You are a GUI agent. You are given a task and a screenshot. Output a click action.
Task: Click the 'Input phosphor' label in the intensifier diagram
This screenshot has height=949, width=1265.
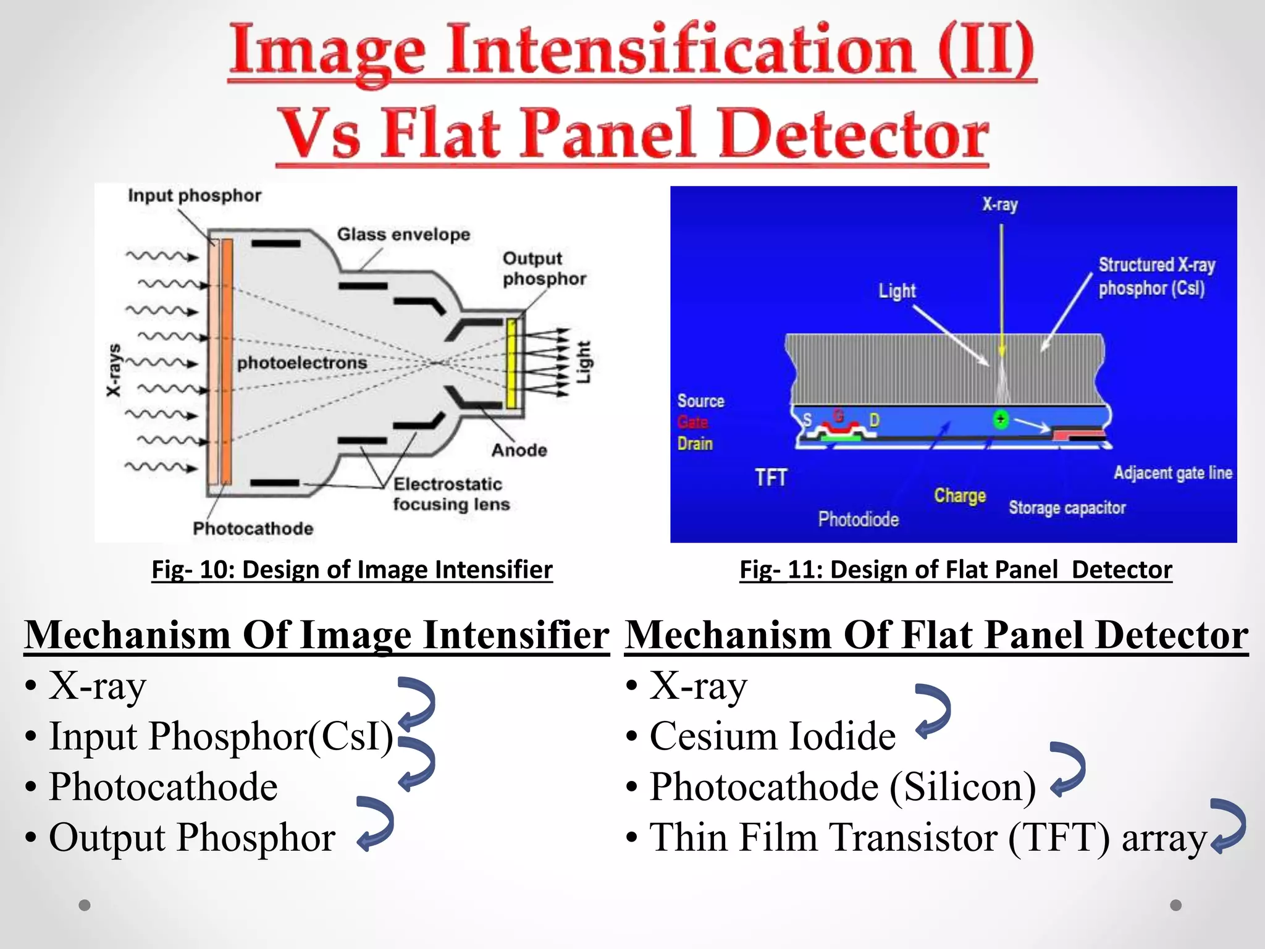point(194,196)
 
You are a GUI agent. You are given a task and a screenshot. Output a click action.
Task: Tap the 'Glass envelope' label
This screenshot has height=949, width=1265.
point(403,235)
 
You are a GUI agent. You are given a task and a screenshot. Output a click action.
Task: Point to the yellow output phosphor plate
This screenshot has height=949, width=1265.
point(511,363)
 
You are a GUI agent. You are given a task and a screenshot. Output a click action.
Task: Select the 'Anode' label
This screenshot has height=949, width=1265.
point(519,450)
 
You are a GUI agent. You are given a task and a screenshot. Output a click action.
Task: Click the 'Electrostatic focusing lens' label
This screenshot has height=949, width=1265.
point(451,494)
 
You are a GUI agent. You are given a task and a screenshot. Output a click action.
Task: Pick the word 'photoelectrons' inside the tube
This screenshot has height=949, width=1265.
point(302,363)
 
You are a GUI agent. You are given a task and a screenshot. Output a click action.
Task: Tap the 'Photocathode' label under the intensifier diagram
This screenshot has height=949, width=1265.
point(253,529)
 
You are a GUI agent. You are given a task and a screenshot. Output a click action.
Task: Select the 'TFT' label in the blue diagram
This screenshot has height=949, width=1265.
point(771,478)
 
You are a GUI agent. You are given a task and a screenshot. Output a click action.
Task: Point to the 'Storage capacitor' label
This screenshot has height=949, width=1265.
point(1067,508)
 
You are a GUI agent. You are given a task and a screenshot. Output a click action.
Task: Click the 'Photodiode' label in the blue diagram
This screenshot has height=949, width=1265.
point(858,520)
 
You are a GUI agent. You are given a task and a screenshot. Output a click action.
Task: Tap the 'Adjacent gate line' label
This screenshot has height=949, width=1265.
point(1172,473)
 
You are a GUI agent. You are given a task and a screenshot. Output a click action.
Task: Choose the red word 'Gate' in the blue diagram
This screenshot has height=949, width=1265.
point(692,423)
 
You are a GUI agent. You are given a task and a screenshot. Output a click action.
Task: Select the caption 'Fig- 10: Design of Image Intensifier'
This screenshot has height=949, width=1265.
point(352,570)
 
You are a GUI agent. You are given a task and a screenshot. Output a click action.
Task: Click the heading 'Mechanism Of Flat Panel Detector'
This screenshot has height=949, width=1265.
point(936,635)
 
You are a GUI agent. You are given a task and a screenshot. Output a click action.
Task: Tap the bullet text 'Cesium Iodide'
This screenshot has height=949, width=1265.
point(772,736)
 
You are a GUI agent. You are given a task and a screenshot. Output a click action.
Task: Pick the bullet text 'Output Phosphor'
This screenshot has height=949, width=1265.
point(192,838)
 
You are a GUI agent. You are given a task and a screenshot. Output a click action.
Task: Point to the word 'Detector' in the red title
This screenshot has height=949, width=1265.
point(854,134)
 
